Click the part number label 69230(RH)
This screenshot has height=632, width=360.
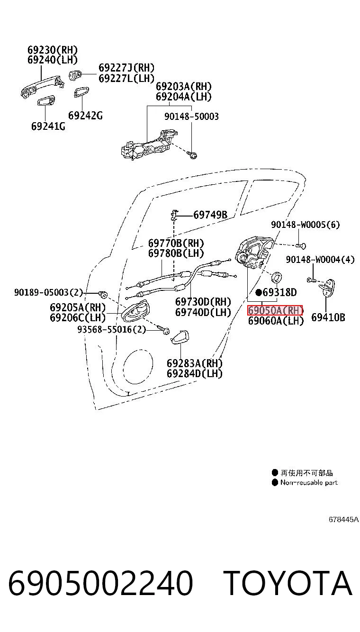(x=53, y=50)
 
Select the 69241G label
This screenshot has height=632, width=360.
(x=48, y=126)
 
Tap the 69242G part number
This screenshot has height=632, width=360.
(x=85, y=116)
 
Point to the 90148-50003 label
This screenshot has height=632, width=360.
(x=191, y=116)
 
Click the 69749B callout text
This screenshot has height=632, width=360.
(x=210, y=215)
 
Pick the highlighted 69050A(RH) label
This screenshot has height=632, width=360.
(x=275, y=310)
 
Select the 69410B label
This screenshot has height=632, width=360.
(x=328, y=317)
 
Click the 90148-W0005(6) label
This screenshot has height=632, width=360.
(x=306, y=225)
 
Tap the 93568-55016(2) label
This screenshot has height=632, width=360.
(x=112, y=329)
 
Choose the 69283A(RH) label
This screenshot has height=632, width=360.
(x=195, y=363)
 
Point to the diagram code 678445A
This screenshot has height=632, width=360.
(x=343, y=519)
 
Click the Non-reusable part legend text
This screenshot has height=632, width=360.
(x=309, y=482)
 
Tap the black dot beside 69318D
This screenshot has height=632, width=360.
(x=259, y=292)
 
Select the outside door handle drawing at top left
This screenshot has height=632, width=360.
(x=42, y=86)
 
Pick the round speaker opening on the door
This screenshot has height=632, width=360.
(x=138, y=367)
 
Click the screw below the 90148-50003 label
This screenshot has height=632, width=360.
(x=192, y=154)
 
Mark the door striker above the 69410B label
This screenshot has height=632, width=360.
(x=327, y=288)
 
